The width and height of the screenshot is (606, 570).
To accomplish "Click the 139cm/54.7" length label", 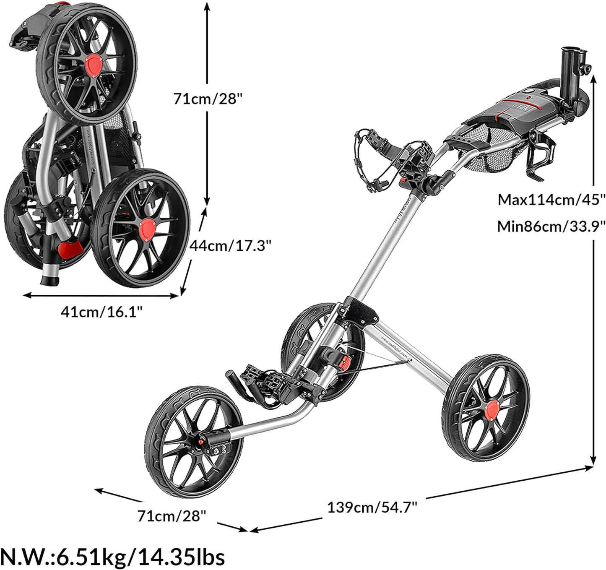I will pyautogui.click(x=372, y=507).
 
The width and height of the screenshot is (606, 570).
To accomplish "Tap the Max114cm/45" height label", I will pyautogui.click(x=551, y=200).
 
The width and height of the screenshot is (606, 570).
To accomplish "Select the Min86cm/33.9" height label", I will pyautogui.click(x=551, y=226).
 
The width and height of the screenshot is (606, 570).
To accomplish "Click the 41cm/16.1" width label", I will pyautogui.click(x=102, y=312).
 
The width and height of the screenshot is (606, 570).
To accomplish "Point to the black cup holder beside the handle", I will pyautogui.click(x=543, y=155).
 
